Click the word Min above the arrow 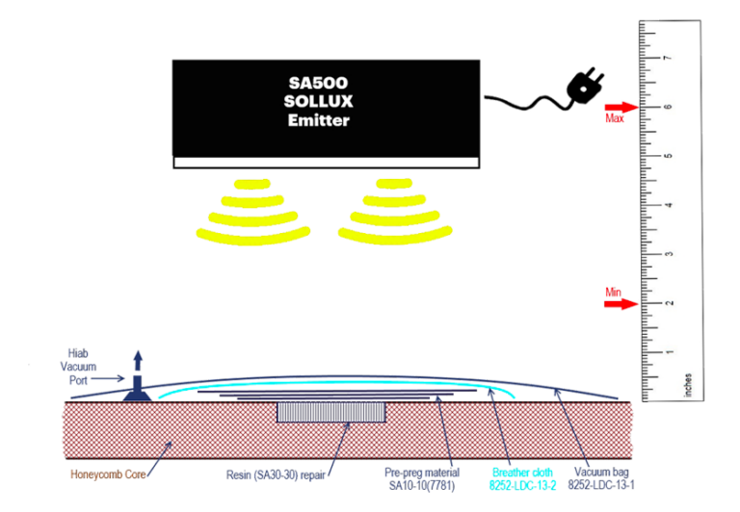[614, 291]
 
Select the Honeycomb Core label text [108, 474]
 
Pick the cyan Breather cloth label [523, 478]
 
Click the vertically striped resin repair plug [332, 413]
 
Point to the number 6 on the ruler [668, 107]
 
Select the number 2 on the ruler [668, 303]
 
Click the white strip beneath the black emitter [326, 163]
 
